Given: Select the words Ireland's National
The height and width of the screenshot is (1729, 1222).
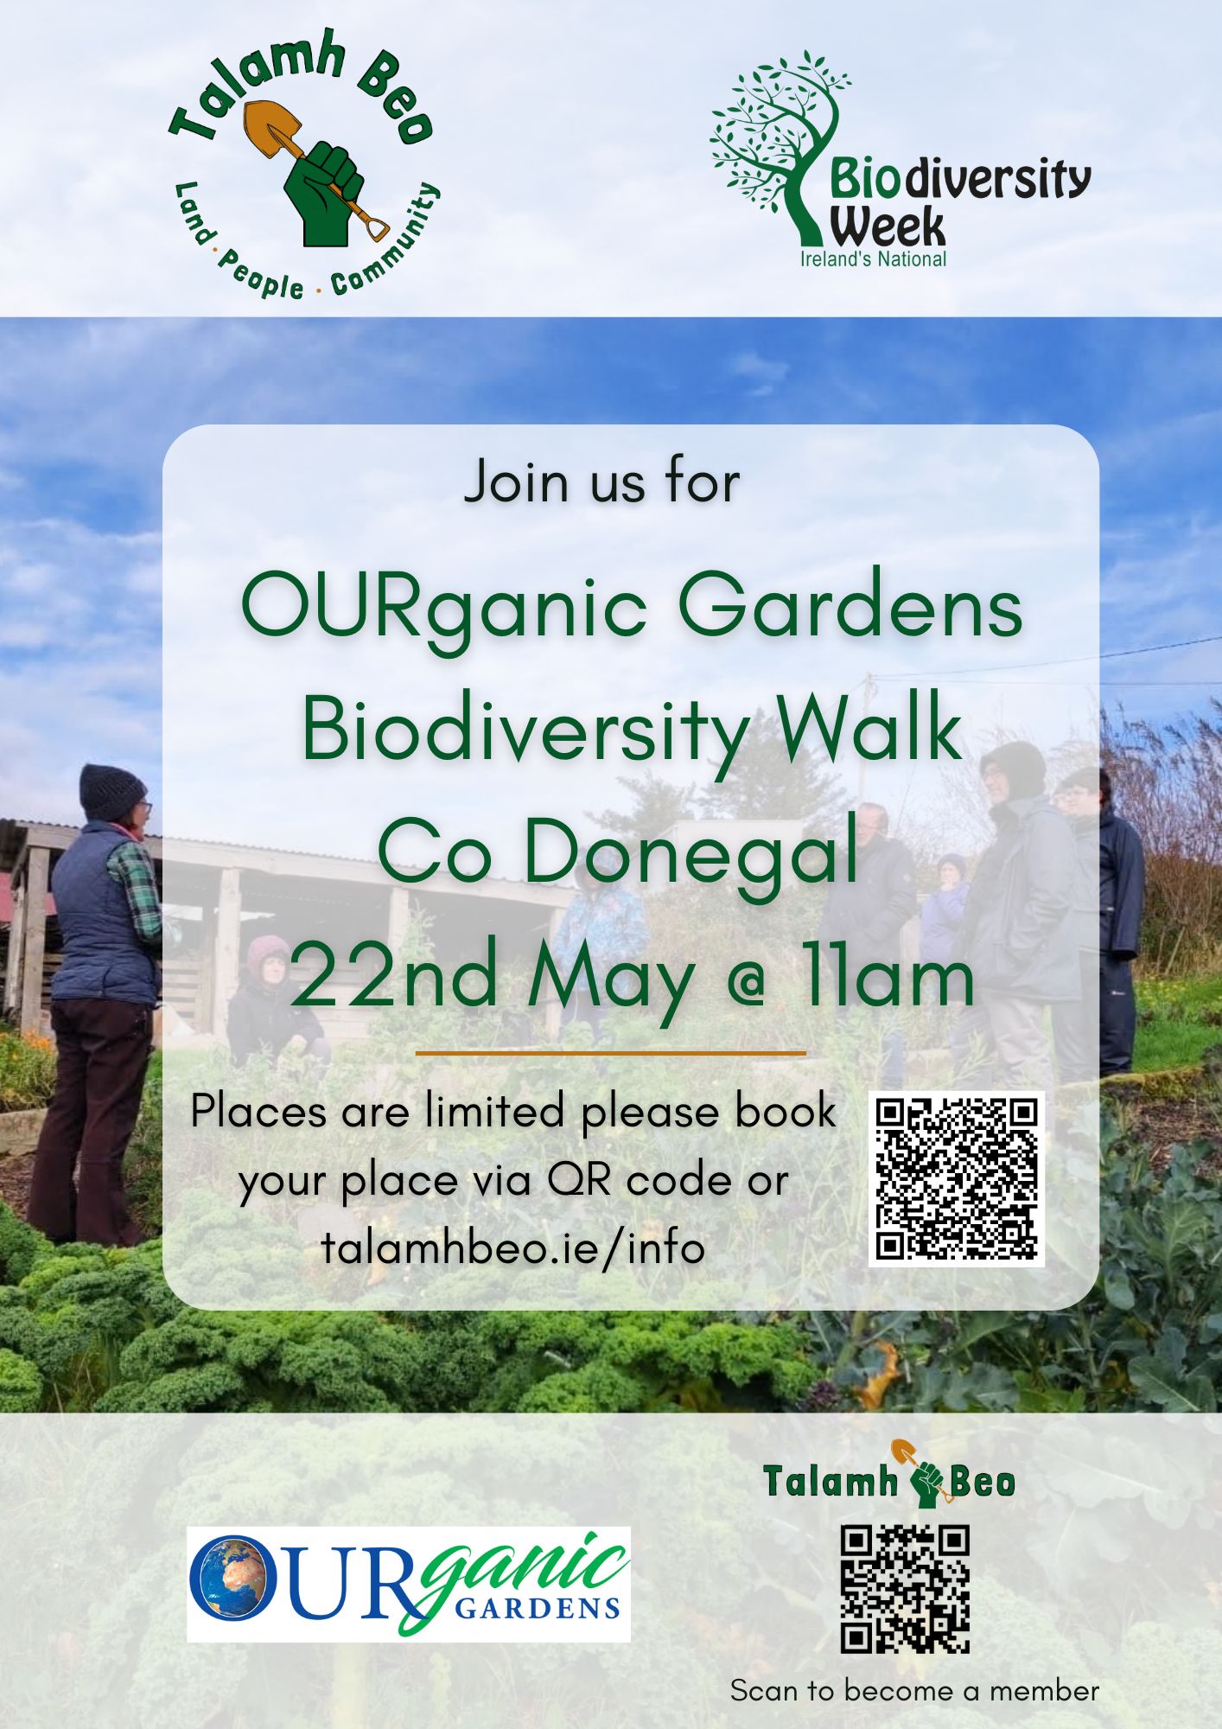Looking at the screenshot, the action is tap(873, 258).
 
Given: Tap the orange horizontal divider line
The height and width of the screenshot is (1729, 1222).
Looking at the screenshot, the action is tap(610, 1054).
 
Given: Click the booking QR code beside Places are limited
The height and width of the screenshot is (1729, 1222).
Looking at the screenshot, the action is tap(957, 1179).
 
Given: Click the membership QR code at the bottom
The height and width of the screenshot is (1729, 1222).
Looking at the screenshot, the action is tap(906, 1590).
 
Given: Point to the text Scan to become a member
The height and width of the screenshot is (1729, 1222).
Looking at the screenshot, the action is tap(914, 1690).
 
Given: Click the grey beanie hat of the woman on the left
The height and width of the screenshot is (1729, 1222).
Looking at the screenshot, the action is tap(111, 791).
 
